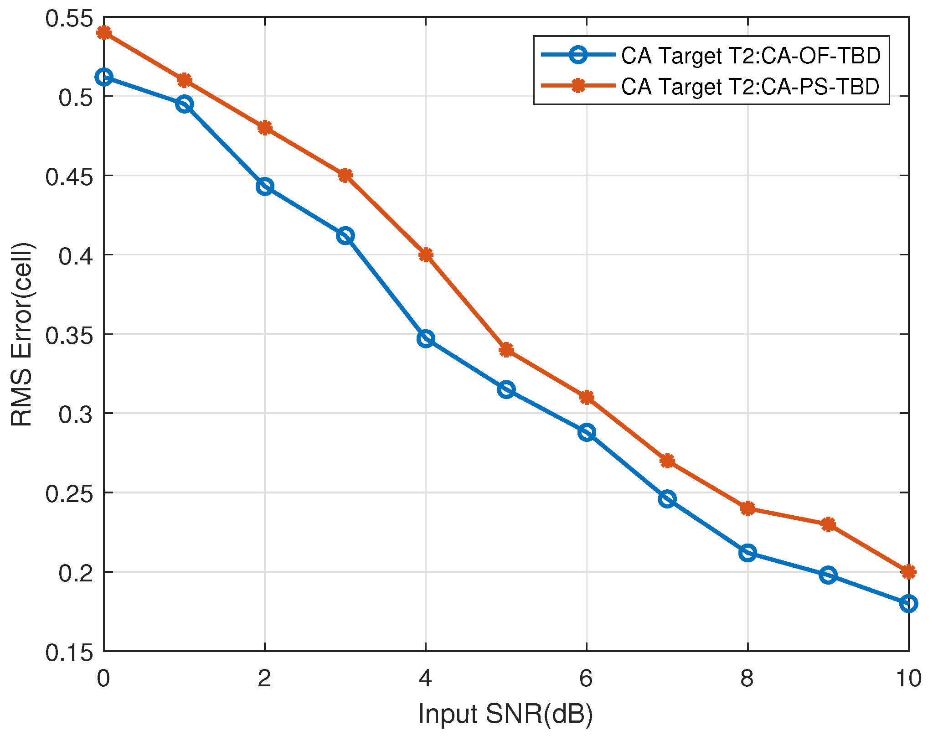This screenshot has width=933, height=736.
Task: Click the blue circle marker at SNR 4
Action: [x=425, y=339]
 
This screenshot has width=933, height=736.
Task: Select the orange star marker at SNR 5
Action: [x=506, y=350]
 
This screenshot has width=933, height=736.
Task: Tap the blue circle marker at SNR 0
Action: [x=104, y=77]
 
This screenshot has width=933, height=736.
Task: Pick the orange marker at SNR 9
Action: [x=828, y=524]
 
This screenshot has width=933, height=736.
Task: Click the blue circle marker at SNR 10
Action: [x=908, y=603]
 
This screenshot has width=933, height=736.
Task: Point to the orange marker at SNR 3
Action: [x=345, y=175]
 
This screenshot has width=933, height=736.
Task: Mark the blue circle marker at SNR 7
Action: [x=667, y=499]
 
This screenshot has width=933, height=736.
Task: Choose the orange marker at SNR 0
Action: [x=104, y=32]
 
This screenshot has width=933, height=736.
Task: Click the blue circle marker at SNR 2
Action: [x=265, y=187]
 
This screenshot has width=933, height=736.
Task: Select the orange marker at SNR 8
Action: [x=747, y=508]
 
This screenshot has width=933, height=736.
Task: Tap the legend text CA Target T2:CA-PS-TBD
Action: [x=750, y=86]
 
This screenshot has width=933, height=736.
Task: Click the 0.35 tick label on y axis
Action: [x=68, y=336]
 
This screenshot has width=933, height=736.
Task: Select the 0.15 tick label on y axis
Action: [x=68, y=653]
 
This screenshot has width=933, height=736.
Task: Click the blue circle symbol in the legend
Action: [x=578, y=55]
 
